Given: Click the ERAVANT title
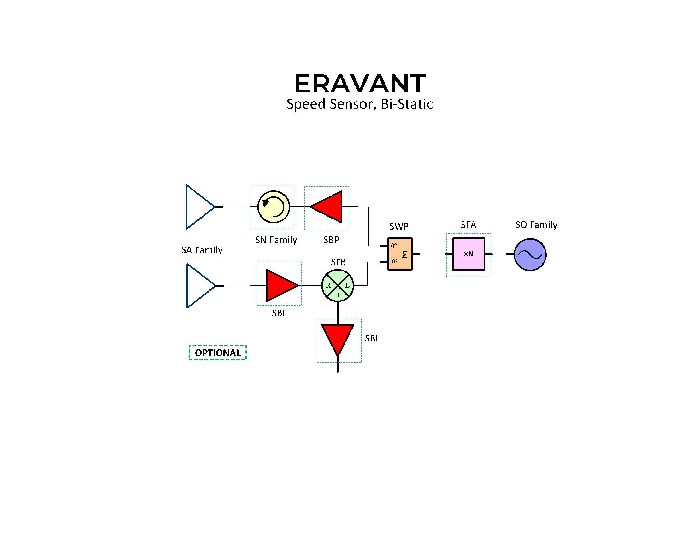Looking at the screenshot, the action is (360, 83).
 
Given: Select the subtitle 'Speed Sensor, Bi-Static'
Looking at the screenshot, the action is (360, 104).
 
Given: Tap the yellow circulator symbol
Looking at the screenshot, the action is (274, 207).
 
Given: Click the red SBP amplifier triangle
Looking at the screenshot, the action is (326, 207).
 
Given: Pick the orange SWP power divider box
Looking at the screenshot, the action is (400, 254).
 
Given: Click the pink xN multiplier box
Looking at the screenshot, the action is (468, 254).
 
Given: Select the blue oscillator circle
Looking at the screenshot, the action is (530, 254).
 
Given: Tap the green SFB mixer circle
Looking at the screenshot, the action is (338, 285).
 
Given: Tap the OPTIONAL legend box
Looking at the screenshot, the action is (218, 353).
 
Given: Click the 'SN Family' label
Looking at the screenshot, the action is (276, 240).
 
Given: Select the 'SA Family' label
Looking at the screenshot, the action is (202, 250).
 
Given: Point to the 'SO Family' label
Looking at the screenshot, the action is (536, 225).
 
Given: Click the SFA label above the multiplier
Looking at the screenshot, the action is (468, 225).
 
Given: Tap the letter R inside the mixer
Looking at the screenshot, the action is (328, 285).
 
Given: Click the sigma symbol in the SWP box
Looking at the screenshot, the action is (404, 254).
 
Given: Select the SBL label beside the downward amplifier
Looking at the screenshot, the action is (372, 338).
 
